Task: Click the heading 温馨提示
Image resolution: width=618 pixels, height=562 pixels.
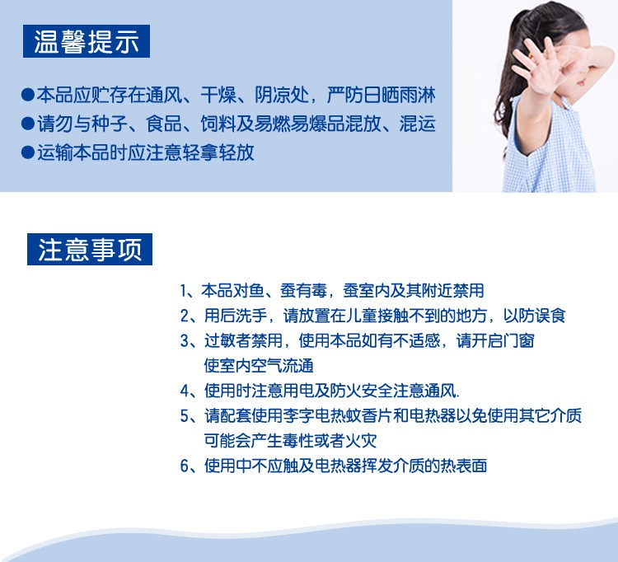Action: click(87, 41)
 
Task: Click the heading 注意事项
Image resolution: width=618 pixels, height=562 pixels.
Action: click(90, 250)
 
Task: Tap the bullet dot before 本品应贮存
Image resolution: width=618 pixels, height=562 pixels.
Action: click(28, 95)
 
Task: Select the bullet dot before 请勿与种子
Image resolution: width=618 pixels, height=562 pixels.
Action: click(28, 124)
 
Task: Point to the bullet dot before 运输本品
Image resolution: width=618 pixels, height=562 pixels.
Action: click(28, 152)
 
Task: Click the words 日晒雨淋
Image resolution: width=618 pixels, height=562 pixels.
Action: click(400, 95)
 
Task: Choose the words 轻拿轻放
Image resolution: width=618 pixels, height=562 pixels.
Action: click(218, 152)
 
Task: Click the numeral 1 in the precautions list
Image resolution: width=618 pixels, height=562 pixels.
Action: click(183, 291)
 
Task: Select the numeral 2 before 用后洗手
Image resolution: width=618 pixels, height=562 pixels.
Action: click(185, 316)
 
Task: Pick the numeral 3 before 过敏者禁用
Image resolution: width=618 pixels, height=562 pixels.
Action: click(185, 341)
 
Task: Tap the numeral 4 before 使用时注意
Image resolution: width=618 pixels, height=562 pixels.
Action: click(185, 391)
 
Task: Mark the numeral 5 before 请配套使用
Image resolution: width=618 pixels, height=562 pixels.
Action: click(185, 416)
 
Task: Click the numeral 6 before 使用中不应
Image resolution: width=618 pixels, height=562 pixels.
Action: click(185, 466)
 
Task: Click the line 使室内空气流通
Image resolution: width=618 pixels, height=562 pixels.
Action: click(259, 366)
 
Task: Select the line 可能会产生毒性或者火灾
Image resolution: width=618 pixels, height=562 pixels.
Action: click(291, 441)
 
